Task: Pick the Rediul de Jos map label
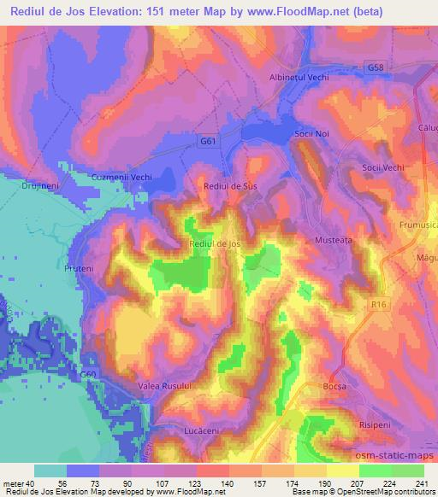(215, 244)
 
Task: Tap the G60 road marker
(88, 374)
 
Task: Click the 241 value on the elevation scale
(423, 482)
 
